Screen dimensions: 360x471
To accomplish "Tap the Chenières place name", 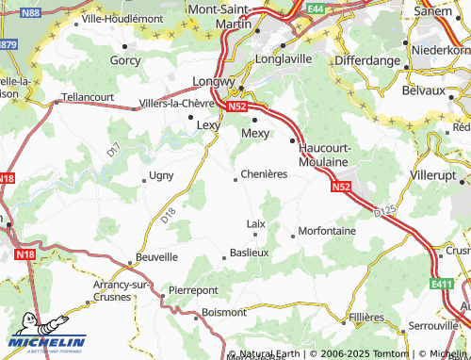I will pyautogui.click(x=264, y=174).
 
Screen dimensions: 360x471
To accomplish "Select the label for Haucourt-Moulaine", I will pyautogui.click(x=324, y=155).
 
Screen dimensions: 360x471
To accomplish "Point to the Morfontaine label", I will pyautogui.click(x=326, y=231).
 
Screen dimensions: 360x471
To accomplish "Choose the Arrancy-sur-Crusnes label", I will pyautogui.click(x=122, y=289).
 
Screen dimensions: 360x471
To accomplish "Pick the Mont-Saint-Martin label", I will pyautogui.click(x=226, y=15).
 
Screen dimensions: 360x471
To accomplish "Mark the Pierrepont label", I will pyautogui.click(x=193, y=290).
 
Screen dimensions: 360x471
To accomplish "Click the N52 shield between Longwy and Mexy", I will pyautogui.click(x=236, y=106).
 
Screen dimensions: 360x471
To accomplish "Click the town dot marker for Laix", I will pyautogui.click(x=255, y=235).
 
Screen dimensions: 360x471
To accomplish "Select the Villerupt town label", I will pyautogui.click(x=439, y=175).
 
